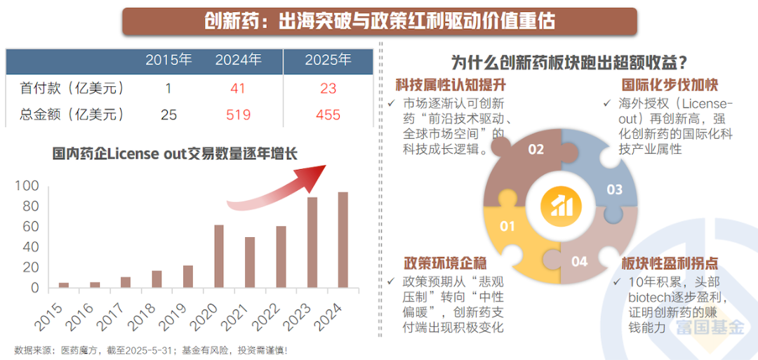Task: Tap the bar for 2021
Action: coord(250,262)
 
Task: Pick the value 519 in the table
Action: coord(239,114)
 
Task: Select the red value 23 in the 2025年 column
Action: coord(328,88)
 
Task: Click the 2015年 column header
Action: coord(168,60)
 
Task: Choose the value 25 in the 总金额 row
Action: coord(168,114)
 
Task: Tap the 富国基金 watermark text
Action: coord(710,328)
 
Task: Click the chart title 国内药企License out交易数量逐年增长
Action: coord(175,153)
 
